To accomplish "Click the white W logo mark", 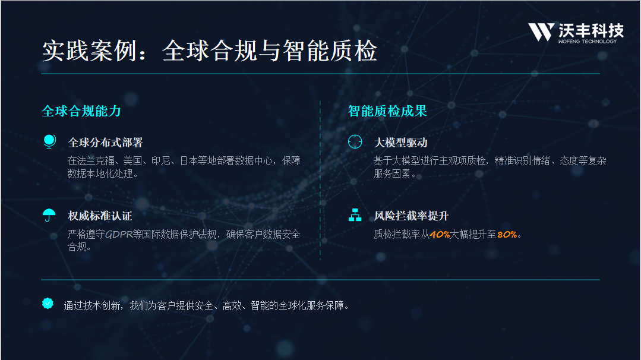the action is pos(541,32).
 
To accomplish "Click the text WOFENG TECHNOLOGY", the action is pos(588,41).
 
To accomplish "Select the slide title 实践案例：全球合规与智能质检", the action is pos(209,50).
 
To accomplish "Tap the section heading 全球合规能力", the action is pos(81,111).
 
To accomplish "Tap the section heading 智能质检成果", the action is pos(387,111).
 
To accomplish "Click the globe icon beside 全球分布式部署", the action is pos(49,141).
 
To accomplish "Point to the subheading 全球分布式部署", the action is pos(106,143).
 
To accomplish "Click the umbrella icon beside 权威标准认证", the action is pos(49,214).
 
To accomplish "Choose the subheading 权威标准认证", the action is pos(100,216).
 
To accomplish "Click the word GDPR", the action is pos(119,234).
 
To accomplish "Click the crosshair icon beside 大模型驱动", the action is pos(355,141).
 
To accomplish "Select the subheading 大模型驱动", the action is pos(400,143).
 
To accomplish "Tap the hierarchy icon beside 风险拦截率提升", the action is pos(355,215).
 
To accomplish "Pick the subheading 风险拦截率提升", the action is pos(411,216).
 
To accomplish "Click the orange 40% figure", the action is pos(440,235).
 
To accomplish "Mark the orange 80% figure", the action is pos(507,235).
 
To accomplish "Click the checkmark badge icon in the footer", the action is pos(48,303).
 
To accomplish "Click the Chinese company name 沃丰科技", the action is pos(591,30).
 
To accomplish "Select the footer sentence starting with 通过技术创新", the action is pos(207,306).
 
